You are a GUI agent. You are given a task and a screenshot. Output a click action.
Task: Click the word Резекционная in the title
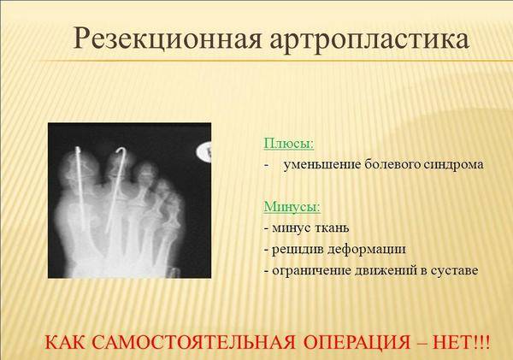[x=167, y=39]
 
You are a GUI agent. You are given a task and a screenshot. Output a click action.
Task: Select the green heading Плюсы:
[x=289, y=144]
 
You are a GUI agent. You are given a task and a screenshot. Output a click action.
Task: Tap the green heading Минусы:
[x=292, y=207]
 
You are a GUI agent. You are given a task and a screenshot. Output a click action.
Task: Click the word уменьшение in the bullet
[x=321, y=165]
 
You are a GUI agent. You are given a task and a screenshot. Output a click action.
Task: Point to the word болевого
[x=392, y=164]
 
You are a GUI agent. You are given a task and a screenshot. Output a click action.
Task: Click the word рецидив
[x=298, y=250]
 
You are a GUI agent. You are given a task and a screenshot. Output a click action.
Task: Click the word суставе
[x=454, y=271]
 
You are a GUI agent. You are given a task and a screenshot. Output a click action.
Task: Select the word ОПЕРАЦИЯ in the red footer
[x=357, y=343]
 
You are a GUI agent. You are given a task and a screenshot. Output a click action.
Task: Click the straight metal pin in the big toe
[x=81, y=189]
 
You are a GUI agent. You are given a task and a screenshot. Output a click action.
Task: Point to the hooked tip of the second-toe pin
[x=121, y=150]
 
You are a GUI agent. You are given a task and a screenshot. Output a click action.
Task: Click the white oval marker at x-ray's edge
[x=204, y=152]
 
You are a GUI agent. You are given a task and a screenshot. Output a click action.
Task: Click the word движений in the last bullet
[x=382, y=271]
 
